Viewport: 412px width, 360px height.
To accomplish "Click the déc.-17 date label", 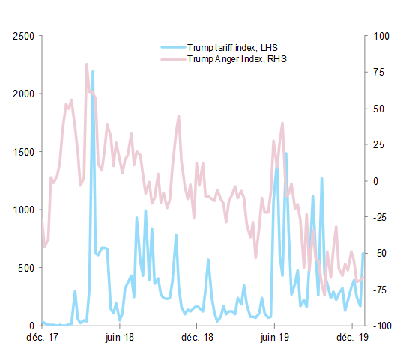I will [41, 338].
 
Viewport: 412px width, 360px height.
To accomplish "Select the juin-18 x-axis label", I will [119, 338].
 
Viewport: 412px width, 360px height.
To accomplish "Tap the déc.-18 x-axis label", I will [196, 338].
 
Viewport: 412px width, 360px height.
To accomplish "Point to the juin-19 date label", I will [274, 338].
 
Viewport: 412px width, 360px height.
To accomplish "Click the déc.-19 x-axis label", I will [351, 338].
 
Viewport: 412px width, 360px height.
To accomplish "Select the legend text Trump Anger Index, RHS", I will [237, 58].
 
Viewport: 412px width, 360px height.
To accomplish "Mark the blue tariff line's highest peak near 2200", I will [93, 71].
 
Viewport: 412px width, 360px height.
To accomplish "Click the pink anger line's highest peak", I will [87, 64].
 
